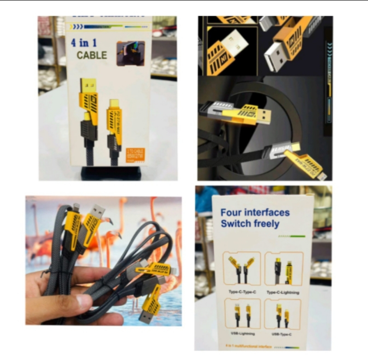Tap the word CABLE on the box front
[x=92, y=56]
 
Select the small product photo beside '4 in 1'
[x=130, y=53]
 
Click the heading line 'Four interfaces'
[x=255, y=212]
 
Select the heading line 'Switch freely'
[x=250, y=224]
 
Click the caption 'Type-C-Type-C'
[x=241, y=291]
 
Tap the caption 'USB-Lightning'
[x=242, y=333]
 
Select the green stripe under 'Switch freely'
[x=292, y=236]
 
